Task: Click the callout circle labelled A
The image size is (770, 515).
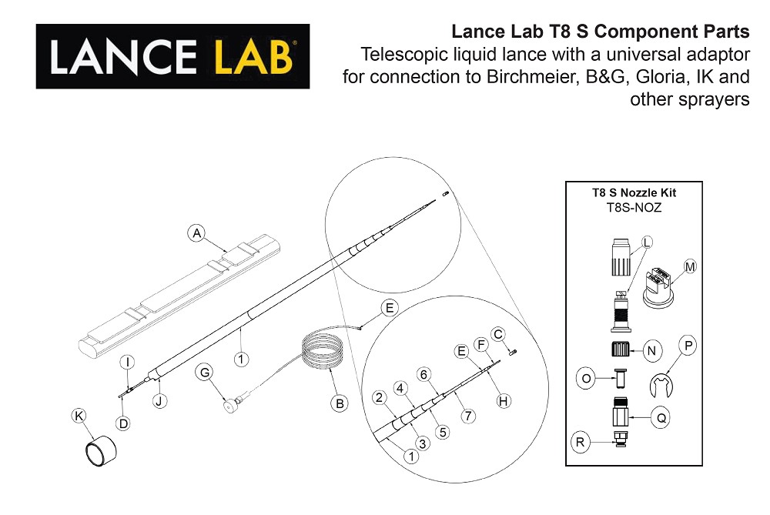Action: [196, 232]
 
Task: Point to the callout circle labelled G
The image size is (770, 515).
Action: [205, 373]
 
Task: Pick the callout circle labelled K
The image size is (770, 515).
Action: [79, 416]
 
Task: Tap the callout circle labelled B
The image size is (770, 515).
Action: [340, 402]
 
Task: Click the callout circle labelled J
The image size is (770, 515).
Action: [159, 400]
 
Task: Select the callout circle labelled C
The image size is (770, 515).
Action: [497, 334]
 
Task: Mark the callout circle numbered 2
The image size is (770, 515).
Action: [379, 397]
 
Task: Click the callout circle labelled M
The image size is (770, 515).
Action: [690, 267]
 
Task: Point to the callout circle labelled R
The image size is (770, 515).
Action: [581, 443]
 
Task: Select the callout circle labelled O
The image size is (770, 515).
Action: [586, 379]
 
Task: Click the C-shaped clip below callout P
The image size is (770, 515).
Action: [661, 386]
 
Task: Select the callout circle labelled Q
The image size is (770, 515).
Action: [661, 419]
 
